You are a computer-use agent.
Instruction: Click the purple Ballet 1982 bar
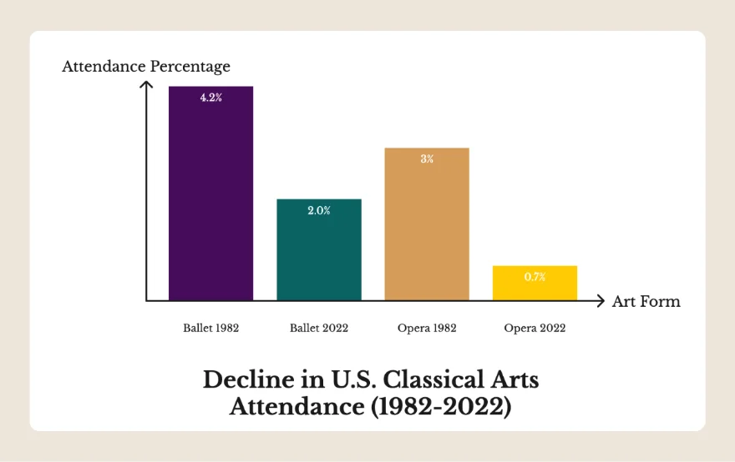[x=210, y=200]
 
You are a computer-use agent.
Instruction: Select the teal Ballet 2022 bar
[x=319, y=254]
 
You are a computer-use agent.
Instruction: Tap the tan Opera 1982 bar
[x=427, y=229]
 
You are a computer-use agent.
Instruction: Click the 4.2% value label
[x=210, y=98]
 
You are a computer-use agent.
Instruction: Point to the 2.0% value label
[x=319, y=211]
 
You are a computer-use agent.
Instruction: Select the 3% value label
[x=427, y=159]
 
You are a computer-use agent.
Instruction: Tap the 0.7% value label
[x=535, y=277]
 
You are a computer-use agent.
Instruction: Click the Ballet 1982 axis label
[x=211, y=328]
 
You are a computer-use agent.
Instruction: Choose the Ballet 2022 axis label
[x=319, y=328]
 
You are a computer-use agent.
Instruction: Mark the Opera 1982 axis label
[x=427, y=328]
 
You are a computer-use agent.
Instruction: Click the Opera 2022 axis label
[x=535, y=328]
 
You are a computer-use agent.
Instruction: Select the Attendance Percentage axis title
[x=146, y=66]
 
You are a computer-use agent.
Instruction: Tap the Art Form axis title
[x=646, y=301]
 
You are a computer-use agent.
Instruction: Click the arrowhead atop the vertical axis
[x=146, y=84]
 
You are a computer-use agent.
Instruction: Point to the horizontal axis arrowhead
[x=599, y=301]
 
